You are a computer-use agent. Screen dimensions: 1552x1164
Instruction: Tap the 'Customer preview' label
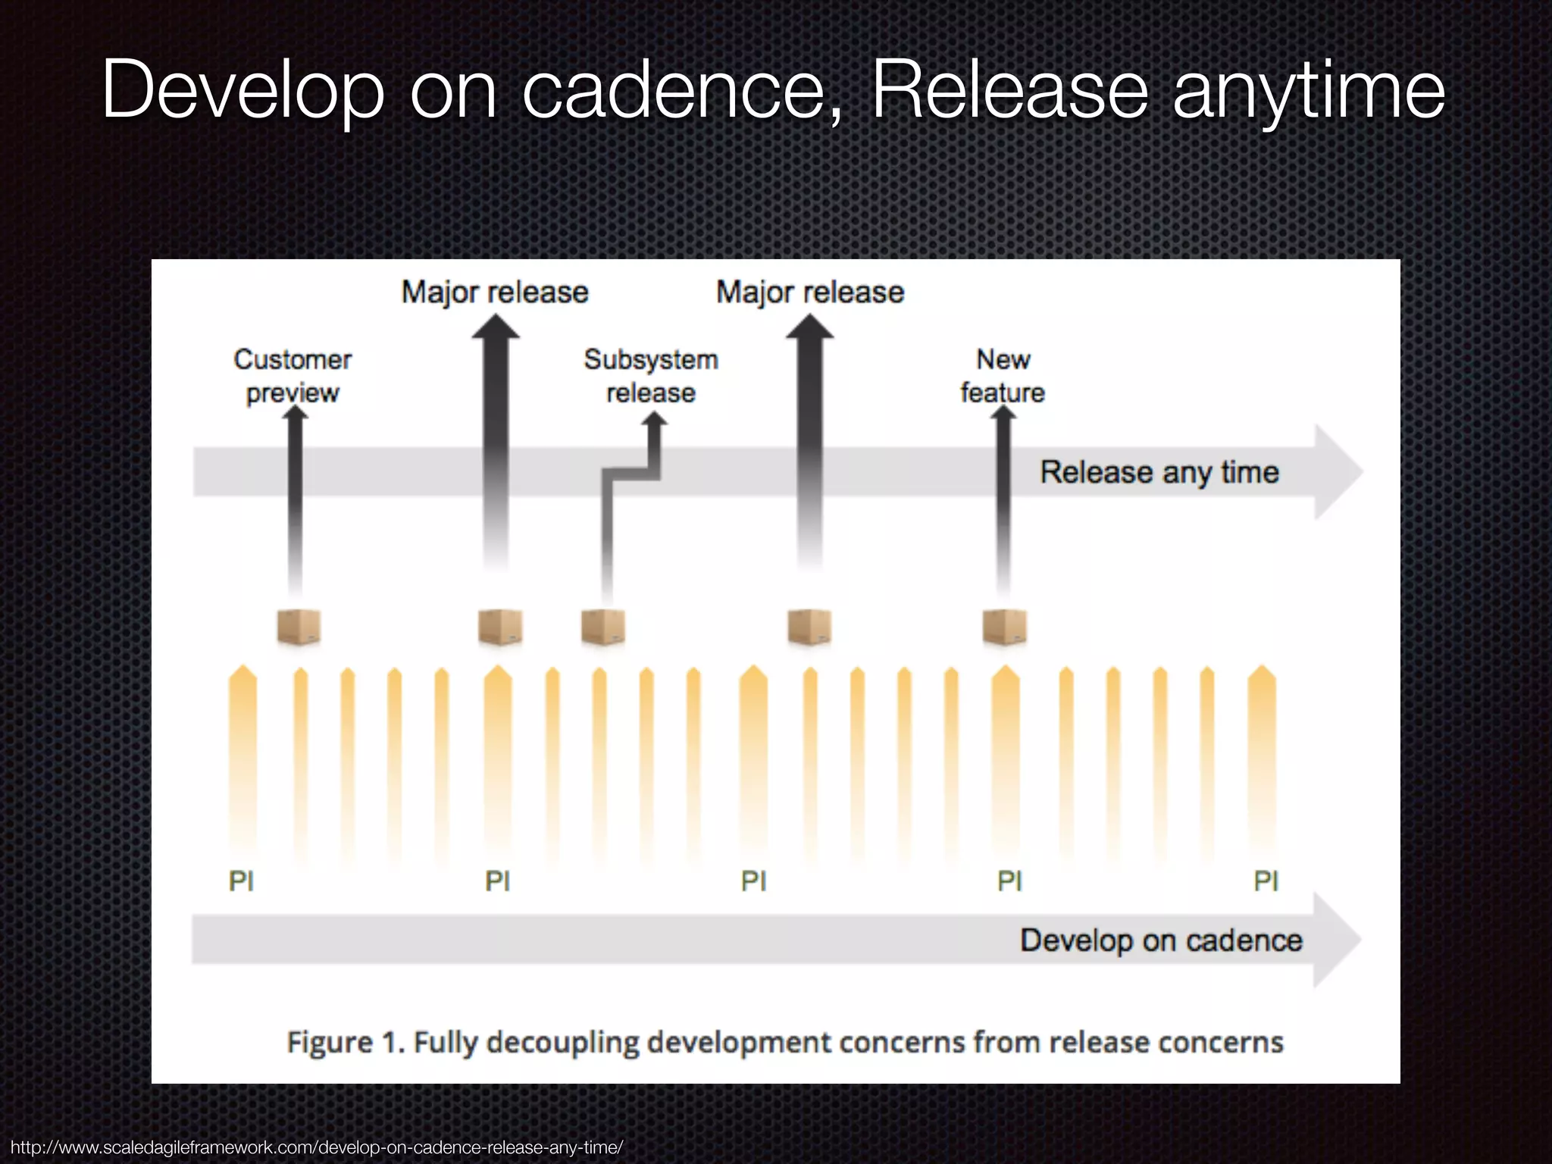293,376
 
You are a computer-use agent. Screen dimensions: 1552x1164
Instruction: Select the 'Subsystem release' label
651,376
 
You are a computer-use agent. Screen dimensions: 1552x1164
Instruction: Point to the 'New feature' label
1003,376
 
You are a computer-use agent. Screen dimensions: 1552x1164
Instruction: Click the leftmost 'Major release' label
495,293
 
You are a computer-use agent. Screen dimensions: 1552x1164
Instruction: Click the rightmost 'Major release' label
810,293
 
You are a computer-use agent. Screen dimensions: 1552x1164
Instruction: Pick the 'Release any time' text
1159,472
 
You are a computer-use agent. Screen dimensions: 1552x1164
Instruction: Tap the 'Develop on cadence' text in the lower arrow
1161,940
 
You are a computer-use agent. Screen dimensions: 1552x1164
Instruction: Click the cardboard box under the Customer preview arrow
299,627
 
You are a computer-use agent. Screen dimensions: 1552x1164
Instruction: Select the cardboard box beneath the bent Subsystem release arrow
603,627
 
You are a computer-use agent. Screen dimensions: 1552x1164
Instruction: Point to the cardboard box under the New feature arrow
1005,627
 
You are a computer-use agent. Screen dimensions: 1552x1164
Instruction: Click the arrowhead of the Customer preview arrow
294,414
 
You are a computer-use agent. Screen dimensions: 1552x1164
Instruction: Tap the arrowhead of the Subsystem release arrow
654,420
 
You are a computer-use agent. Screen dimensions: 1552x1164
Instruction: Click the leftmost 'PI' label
242,881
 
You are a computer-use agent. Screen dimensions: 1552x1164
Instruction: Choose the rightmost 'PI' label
1266,881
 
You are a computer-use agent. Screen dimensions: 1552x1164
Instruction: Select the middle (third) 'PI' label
754,881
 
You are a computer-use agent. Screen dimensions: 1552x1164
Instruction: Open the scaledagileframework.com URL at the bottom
317,1147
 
